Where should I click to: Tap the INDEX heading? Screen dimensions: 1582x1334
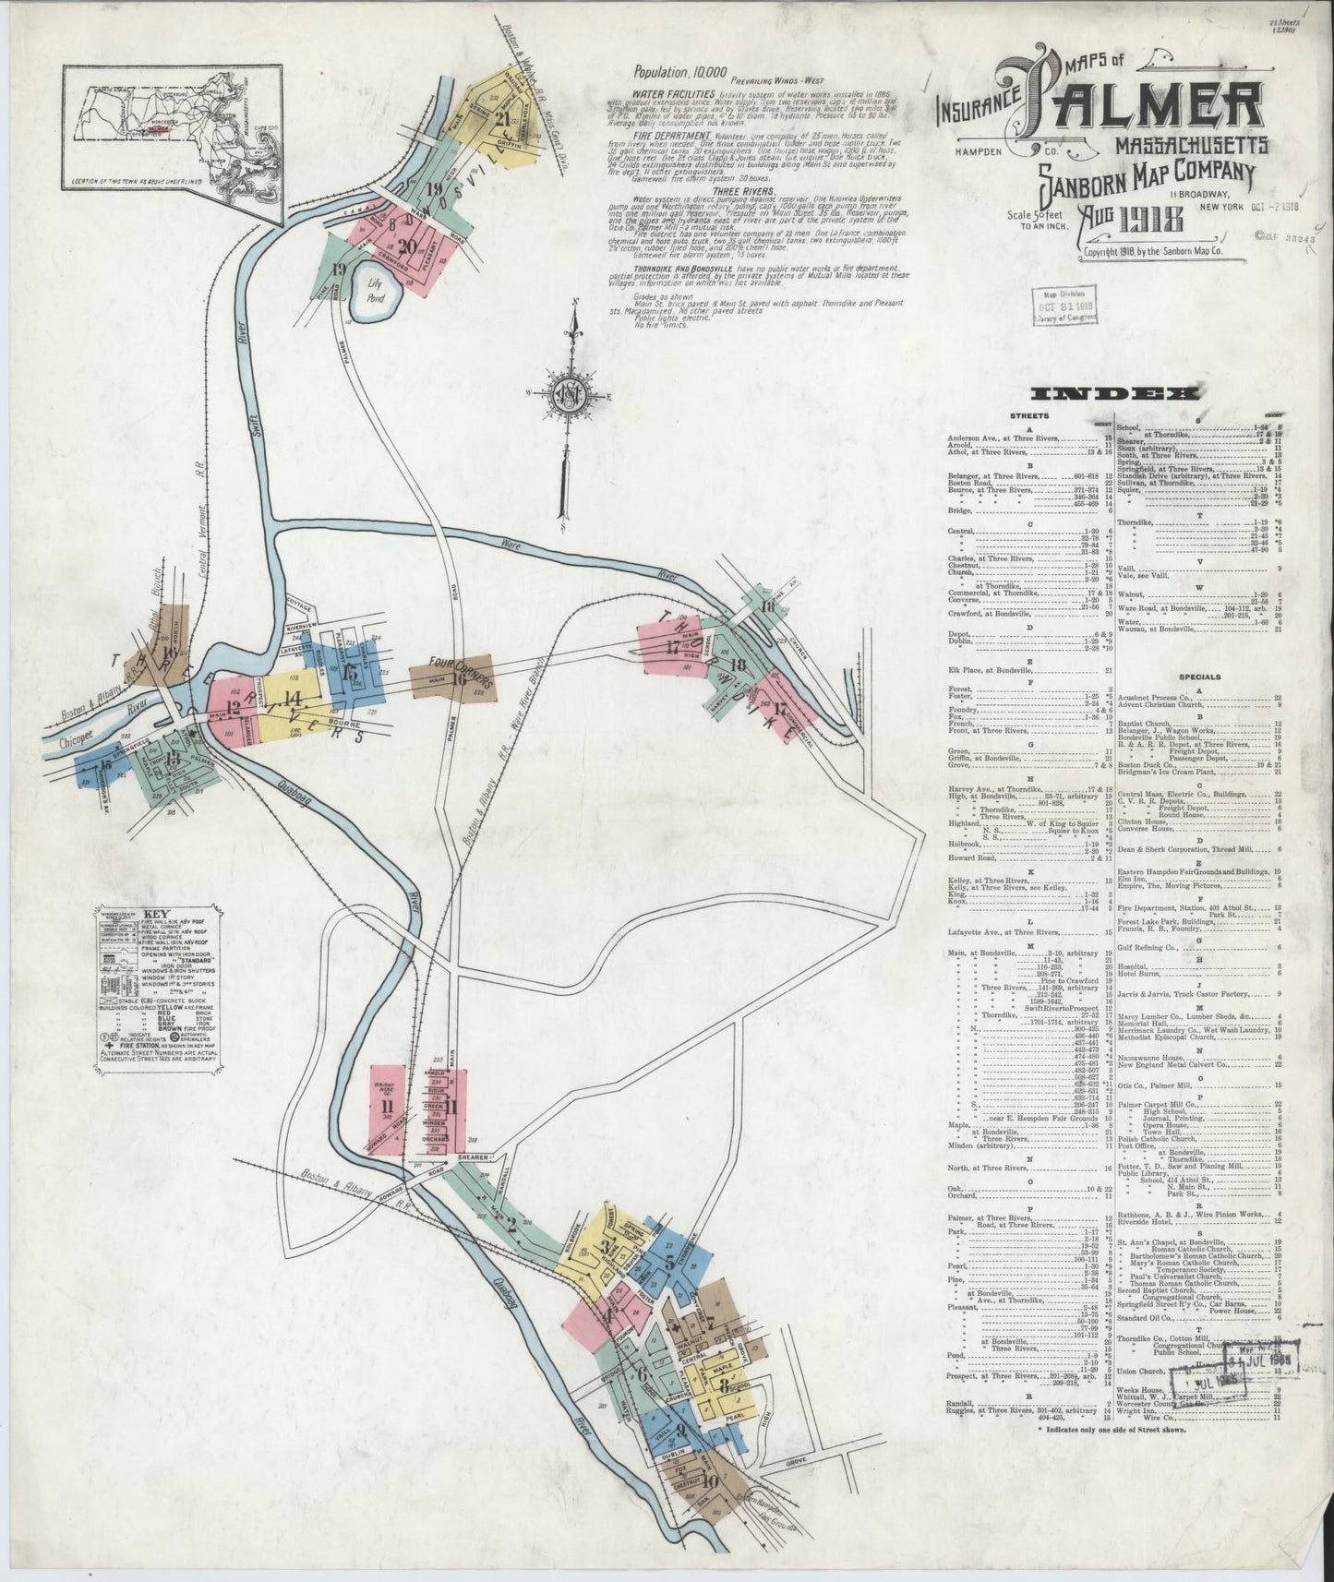[x=1115, y=394]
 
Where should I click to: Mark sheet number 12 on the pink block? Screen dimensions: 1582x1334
[x=233, y=708]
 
